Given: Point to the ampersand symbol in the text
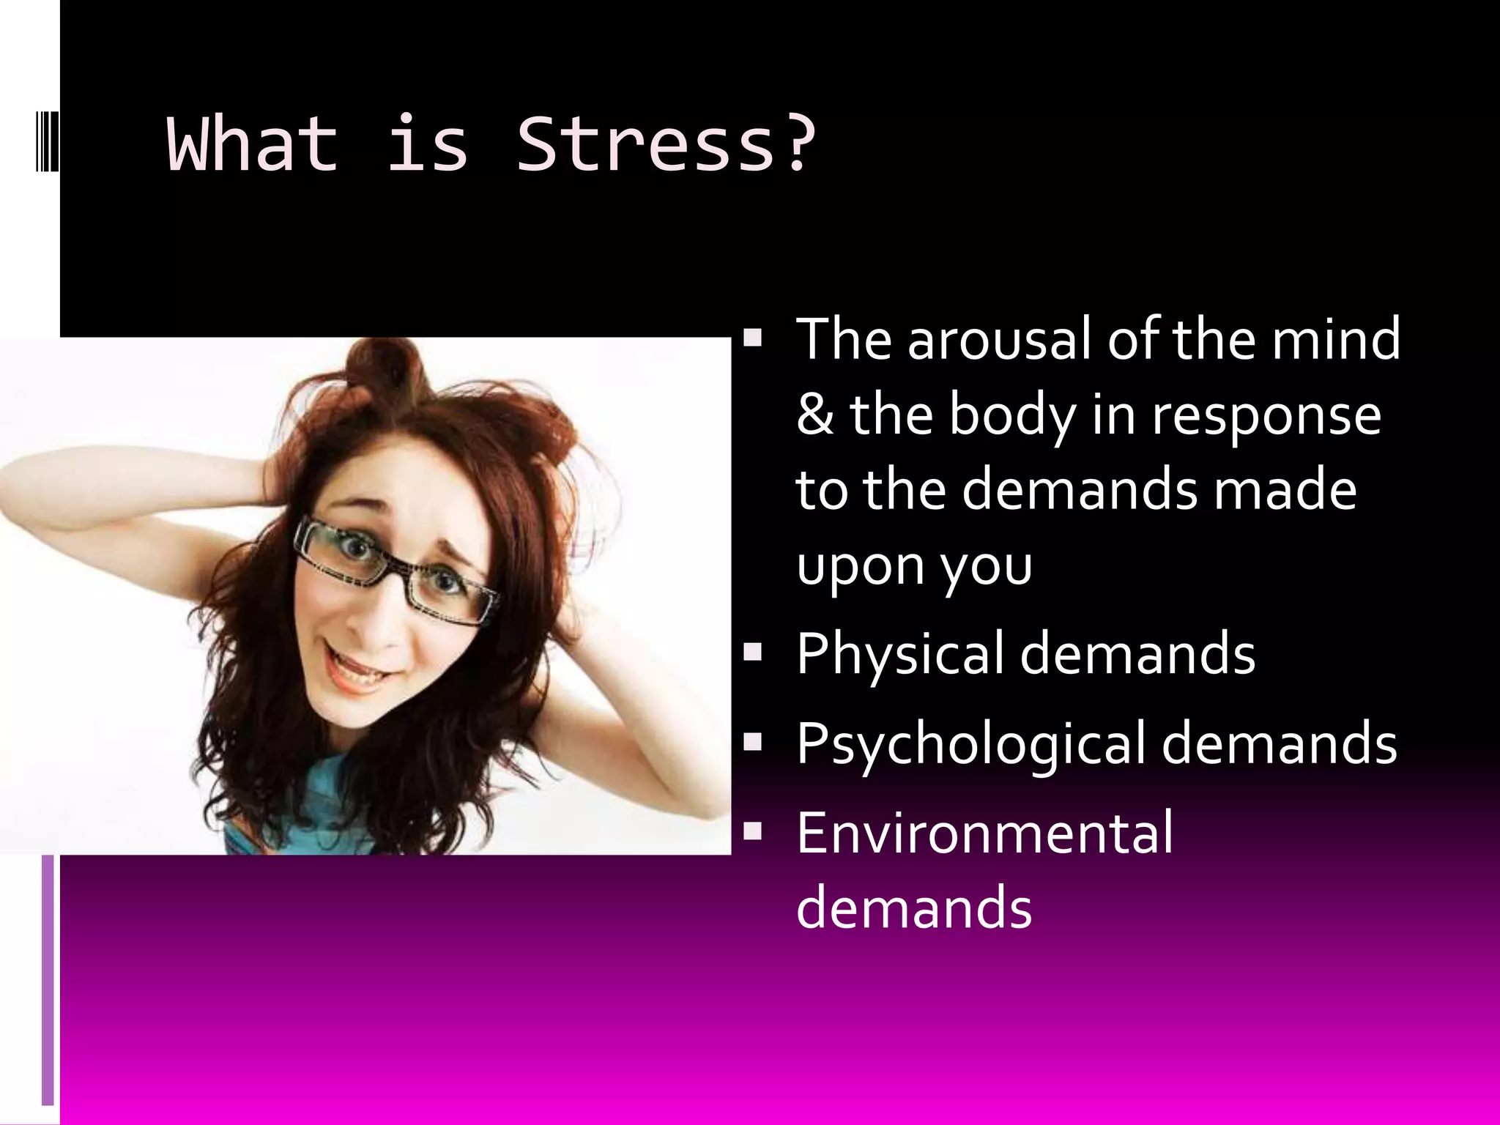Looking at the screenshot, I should (815, 415).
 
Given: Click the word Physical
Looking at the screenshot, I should (900, 654).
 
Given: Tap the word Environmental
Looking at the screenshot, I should (984, 832).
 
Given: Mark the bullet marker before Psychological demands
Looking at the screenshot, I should (752, 742).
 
